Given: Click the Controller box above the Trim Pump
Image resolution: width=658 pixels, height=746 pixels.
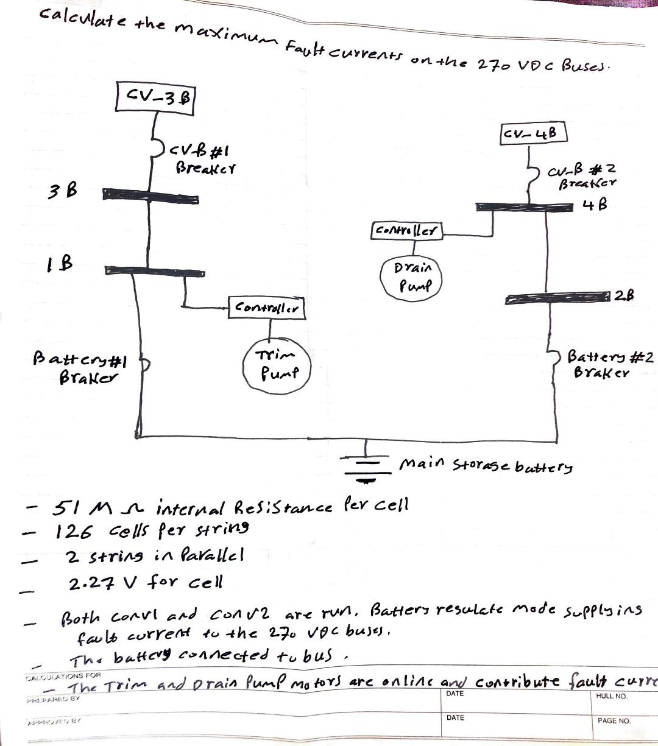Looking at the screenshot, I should (266, 308).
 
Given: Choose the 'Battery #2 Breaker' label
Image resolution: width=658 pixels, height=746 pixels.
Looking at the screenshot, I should (609, 364).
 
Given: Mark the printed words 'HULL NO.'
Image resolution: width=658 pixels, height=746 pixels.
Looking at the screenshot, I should (612, 696).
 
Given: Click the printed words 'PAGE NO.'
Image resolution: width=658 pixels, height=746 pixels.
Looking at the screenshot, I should (614, 720).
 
